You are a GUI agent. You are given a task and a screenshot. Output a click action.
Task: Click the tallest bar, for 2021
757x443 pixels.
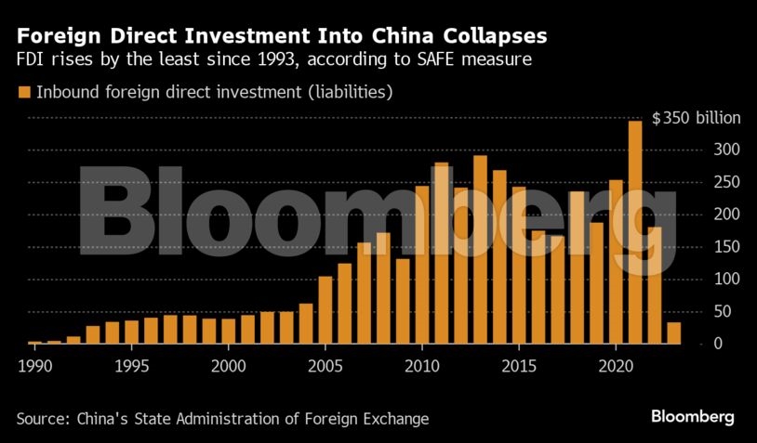tap(635, 232)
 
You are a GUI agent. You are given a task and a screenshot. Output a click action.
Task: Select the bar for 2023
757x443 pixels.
tap(674, 333)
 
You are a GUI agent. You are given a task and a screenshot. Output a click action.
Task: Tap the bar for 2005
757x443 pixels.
tap(325, 310)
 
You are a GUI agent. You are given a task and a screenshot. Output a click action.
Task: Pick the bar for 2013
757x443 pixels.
tap(481, 250)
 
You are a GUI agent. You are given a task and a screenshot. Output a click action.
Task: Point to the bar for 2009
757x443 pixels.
tap(403, 301)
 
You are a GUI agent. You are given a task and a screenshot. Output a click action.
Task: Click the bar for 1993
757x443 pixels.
tap(93, 335)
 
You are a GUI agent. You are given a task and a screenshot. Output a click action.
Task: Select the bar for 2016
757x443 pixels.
tap(538, 287)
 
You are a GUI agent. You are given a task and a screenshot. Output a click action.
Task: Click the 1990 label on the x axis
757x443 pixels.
tap(34, 366)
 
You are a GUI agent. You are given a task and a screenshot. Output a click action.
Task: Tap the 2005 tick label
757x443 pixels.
tap(325, 366)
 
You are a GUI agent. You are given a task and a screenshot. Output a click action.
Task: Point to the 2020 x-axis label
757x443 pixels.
tap(616, 366)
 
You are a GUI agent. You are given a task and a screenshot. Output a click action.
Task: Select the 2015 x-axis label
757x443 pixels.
tap(519, 366)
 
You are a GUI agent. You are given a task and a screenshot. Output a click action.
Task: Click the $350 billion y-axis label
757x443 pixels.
tap(696, 118)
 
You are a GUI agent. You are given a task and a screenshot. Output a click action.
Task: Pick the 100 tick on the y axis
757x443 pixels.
tap(726, 279)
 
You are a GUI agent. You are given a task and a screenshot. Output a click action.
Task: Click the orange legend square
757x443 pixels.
tap(24, 92)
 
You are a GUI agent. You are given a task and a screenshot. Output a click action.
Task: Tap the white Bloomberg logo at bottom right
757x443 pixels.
tap(692, 417)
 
